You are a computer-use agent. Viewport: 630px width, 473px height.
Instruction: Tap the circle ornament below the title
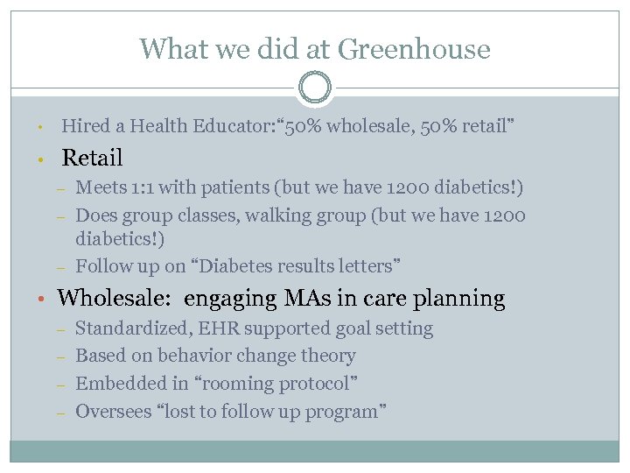(x=315, y=88)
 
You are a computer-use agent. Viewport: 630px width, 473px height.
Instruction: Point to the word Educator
(x=229, y=126)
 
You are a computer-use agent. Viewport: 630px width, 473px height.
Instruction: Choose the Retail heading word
(x=92, y=159)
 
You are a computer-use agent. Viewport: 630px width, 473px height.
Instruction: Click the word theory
(x=327, y=356)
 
